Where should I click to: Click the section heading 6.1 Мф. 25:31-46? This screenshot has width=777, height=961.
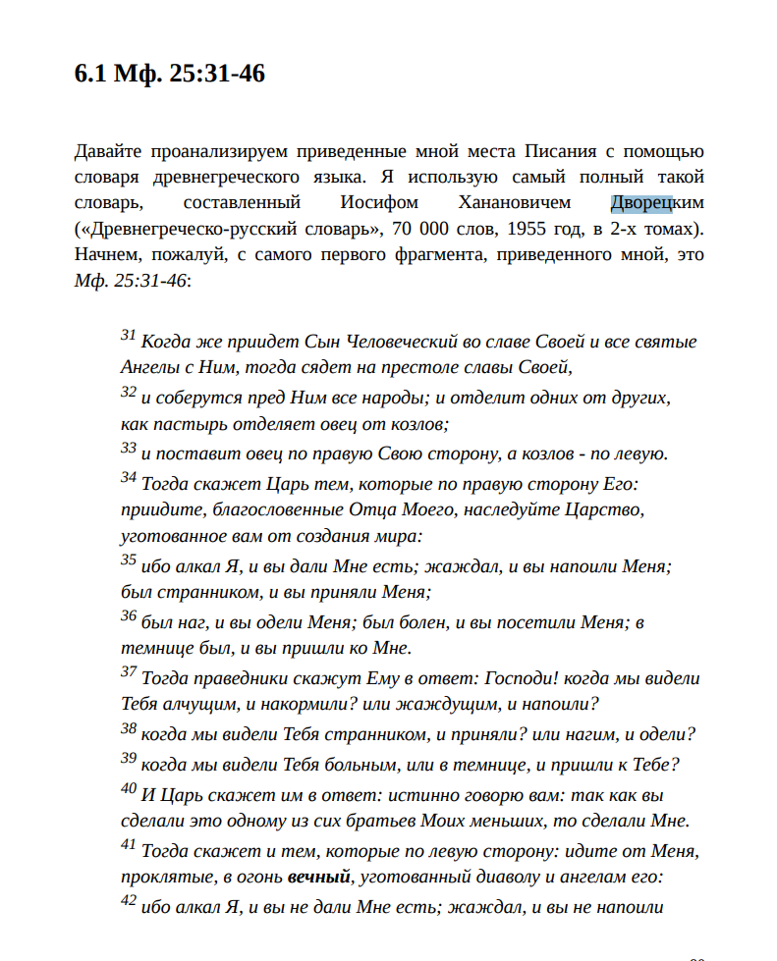click(170, 74)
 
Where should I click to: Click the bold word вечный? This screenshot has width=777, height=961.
click(319, 875)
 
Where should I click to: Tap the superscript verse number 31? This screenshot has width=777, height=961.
click(128, 336)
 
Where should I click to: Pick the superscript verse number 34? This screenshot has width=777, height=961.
click(128, 478)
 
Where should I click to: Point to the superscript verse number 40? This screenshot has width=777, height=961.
click(128, 788)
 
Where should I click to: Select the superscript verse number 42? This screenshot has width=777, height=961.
click(128, 901)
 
